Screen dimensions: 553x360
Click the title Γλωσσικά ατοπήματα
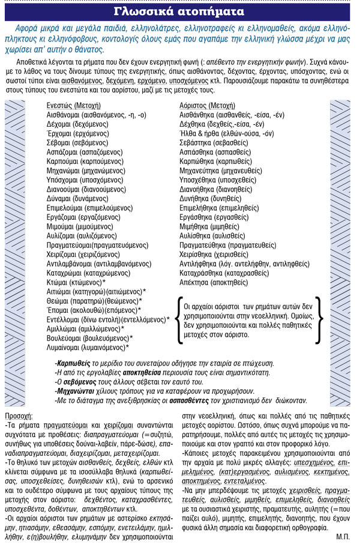[179, 11]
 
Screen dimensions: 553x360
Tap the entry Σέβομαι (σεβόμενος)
[77, 144]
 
